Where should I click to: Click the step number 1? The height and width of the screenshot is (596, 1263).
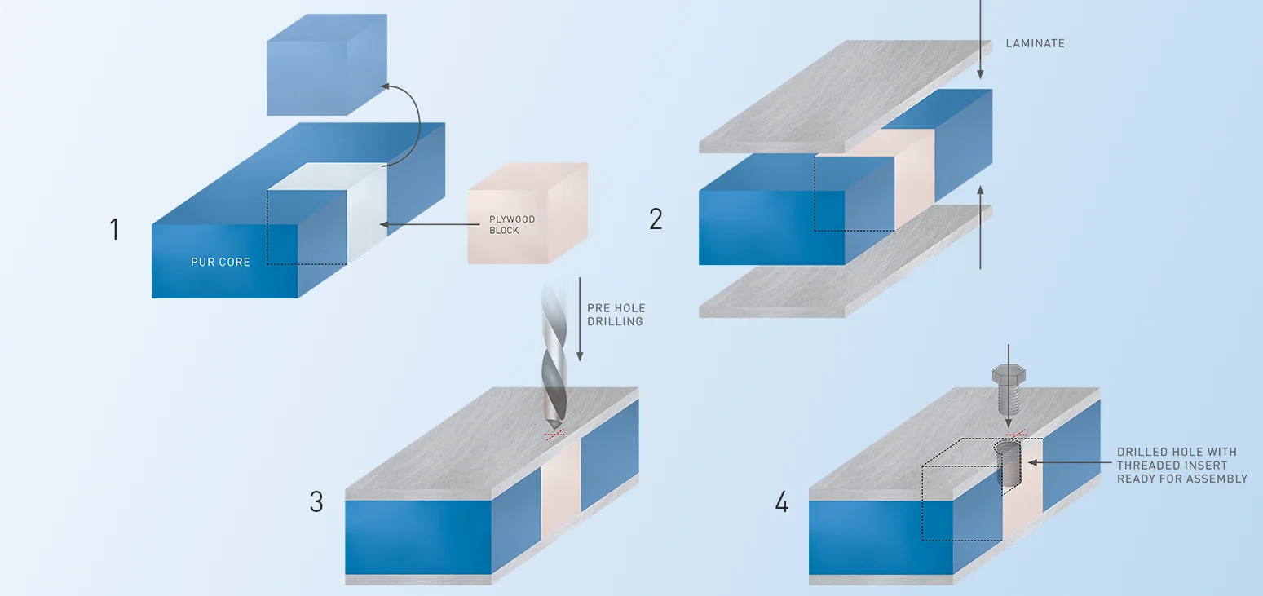tap(114, 230)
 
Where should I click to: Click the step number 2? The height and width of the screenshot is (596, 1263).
tap(656, 219)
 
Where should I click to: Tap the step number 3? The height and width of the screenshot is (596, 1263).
tap(316, 502)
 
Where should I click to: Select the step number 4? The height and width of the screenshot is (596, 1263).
tap(781, 503)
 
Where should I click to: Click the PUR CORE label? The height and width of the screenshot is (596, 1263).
tap(220, 263)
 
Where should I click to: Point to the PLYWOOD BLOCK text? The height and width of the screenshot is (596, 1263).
tap(511, 225)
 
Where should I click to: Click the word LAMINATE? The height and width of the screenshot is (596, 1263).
tap(1035, 43)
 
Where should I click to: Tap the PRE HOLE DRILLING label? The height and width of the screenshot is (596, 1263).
tap(616, 315)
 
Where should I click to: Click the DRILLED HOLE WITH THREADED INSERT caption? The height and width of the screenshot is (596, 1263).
tap(1181, 465)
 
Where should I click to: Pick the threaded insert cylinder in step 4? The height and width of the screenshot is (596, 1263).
tap(1009, 465)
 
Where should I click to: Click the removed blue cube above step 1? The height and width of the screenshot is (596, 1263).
tap(326, 65)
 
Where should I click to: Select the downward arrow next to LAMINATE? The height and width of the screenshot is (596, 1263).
tap(980, 41)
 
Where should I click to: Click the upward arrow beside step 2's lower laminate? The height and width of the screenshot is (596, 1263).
tap(980, 228)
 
